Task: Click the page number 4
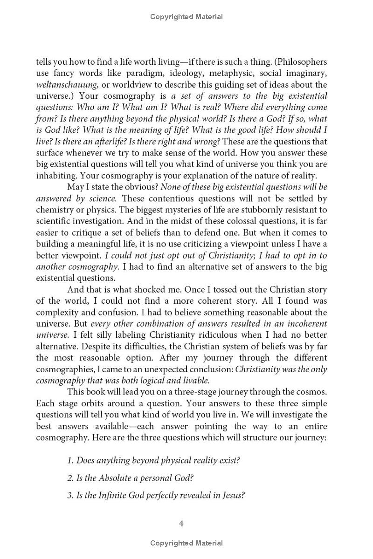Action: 181,524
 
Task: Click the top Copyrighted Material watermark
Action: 186,17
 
